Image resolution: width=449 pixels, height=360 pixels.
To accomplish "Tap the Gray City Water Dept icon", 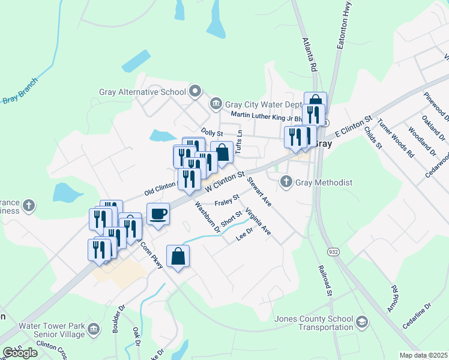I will (215, 104).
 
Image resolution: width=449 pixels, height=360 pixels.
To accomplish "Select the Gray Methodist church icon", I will (286, 181).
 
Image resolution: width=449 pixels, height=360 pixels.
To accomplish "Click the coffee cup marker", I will (158, 214).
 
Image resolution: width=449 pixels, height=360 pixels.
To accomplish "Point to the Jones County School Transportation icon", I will (361, 322).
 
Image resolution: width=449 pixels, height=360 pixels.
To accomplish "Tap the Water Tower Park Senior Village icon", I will (94, 329).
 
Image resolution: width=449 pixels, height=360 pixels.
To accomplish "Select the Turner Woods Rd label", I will (396, 137).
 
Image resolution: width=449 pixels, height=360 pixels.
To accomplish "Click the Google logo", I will (20, 353).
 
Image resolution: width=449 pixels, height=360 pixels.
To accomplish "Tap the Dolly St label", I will (212, 132).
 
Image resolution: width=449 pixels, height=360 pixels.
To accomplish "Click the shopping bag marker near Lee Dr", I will (178, 257).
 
